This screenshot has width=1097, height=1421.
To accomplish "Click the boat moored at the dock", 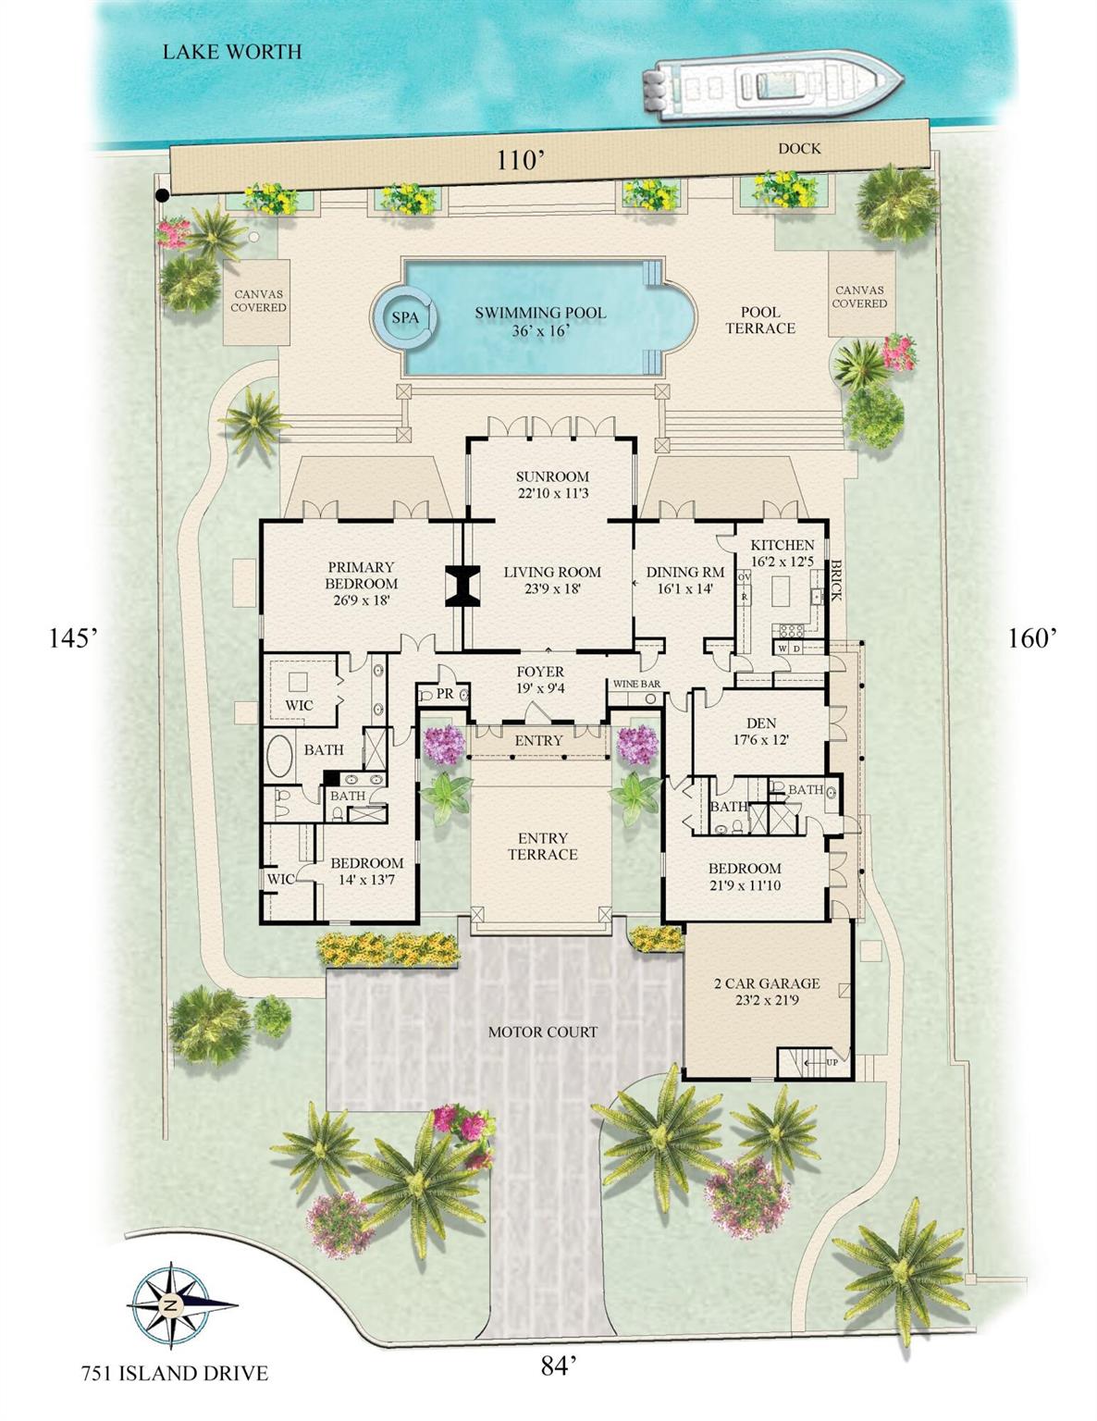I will [772, 89].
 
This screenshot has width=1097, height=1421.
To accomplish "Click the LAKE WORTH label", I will [232, 52].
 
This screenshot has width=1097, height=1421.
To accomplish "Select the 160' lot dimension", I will [1032, 637].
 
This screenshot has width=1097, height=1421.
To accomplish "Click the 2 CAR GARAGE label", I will [767, 983].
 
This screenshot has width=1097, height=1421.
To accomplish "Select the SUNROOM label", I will [552, 477].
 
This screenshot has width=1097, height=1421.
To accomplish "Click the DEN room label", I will [760, 723].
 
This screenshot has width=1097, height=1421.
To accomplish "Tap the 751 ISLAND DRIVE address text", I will [174, 1372].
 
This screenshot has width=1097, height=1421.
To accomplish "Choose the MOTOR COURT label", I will [542, 1032].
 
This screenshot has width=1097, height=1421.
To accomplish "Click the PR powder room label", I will [445, 694].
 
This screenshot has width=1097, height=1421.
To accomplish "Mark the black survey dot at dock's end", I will [162, 195].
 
